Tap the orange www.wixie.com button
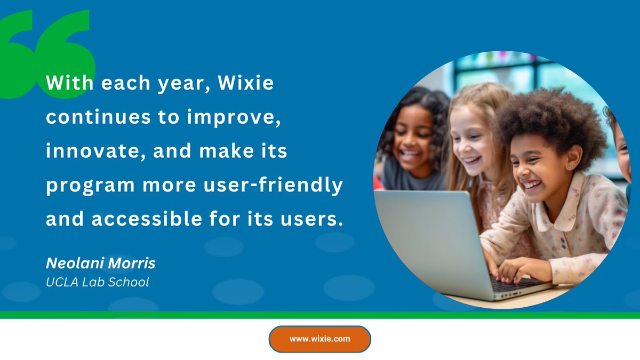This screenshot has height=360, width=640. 319,339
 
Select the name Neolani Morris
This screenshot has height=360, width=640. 100,263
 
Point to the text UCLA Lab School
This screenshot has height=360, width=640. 98,282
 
